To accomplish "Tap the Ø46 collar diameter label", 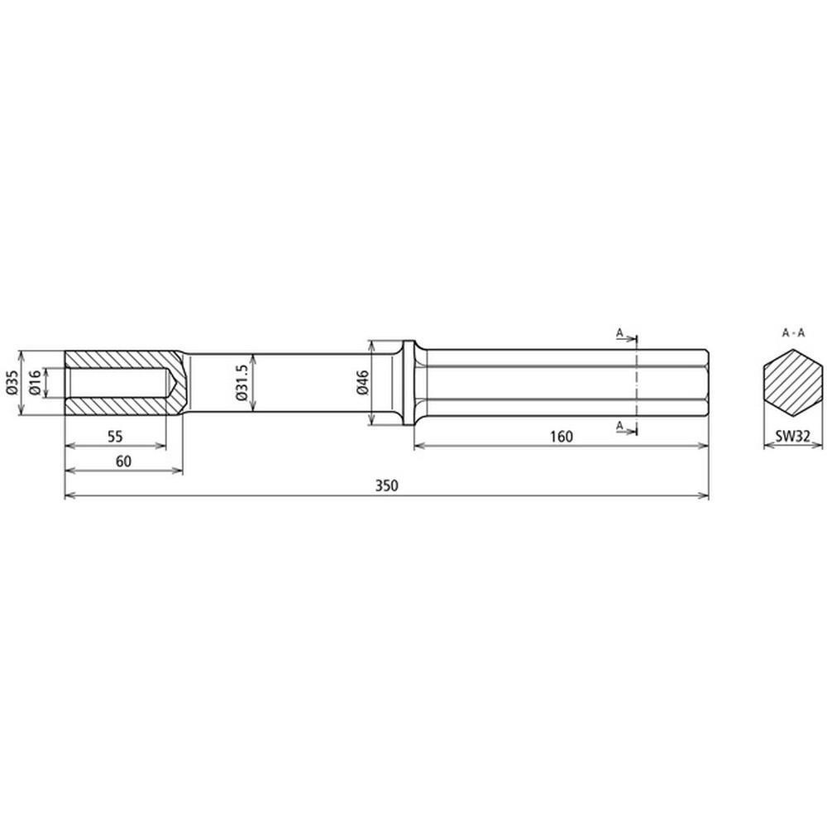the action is (x=362, y=382).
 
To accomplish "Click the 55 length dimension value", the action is (x=115, y=436).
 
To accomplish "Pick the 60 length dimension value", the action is (x=123, y=461).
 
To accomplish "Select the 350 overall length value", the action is (x=386, y=485).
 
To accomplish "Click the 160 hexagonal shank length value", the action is (x=562, y=436).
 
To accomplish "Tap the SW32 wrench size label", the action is (x=793, y=436).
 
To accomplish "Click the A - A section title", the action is (x=793, y=332).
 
